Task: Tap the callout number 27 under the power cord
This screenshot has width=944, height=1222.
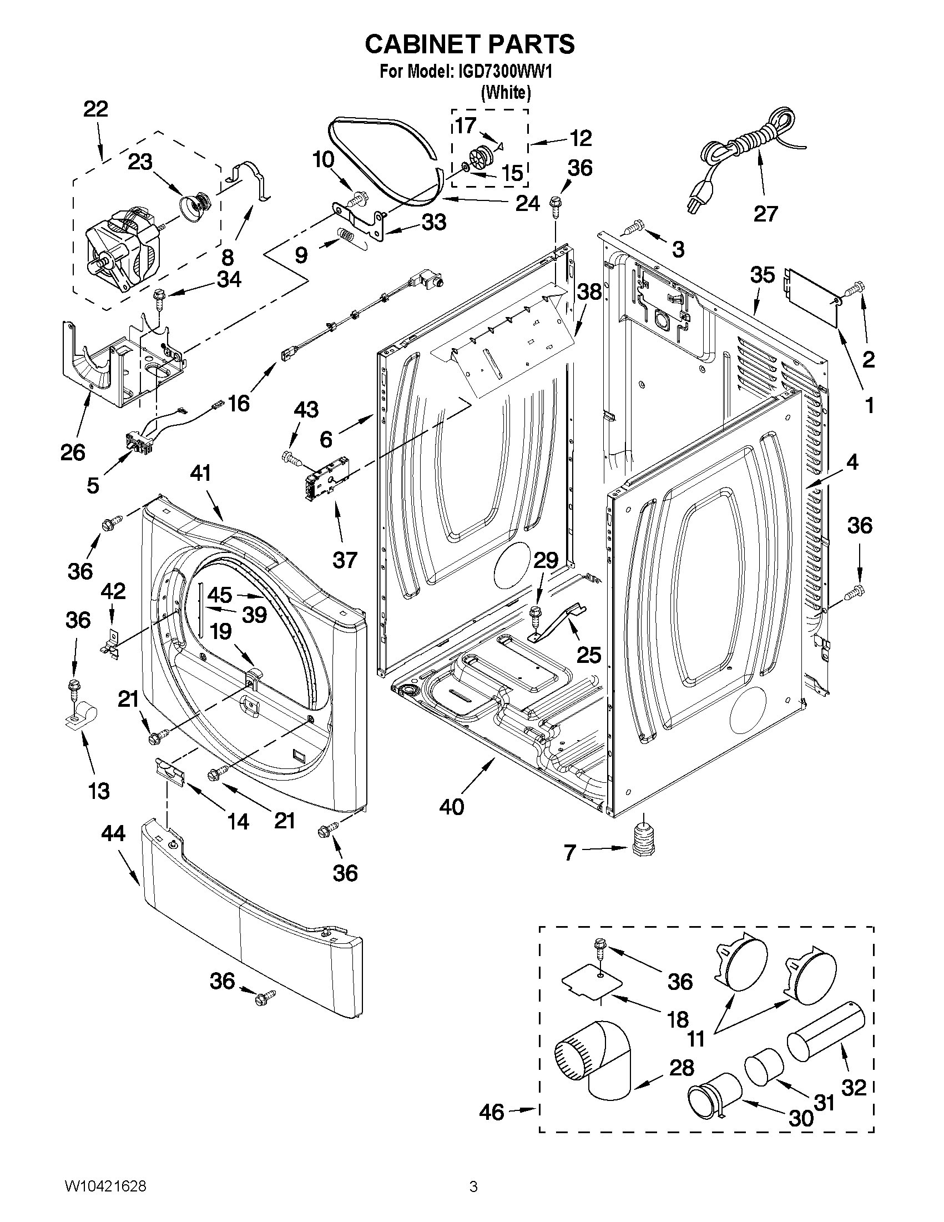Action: point(765,213)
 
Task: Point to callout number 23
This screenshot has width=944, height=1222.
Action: point(140,162)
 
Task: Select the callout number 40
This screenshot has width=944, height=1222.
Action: point(452,806)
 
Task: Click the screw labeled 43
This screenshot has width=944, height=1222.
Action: point(292,458)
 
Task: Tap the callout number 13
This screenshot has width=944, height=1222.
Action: point(99,791)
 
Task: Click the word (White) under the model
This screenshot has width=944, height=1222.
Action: point(506,92)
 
